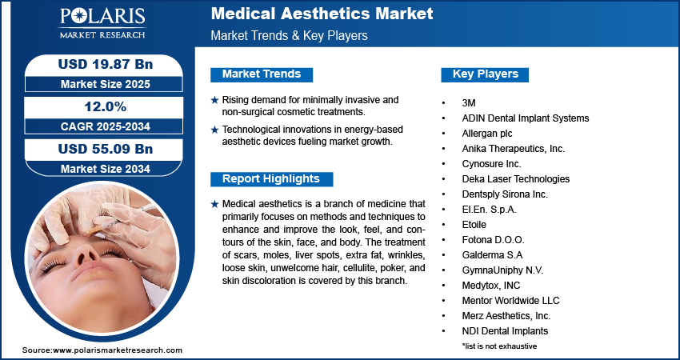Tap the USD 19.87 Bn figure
click(x=106, y=64)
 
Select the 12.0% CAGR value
click(x=106, y=106)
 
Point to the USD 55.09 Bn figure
click(x=106, y=149)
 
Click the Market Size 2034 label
click(x=106, y=169)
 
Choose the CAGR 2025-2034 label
click(x=106, y=126)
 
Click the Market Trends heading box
click(x=262, y=74)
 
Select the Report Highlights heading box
click(x=271, y=179)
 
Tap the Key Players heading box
click(x=485, y=74)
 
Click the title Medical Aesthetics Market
click(x=322, y=14)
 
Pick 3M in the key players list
click(x=469, y=103)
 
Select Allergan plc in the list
click(x=487, y=134)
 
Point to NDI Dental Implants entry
click(x=505, y=331)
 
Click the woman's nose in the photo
click(x=86, y=255)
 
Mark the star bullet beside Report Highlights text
click(x=214, y=204)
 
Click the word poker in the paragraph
click(x=392, y=268)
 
